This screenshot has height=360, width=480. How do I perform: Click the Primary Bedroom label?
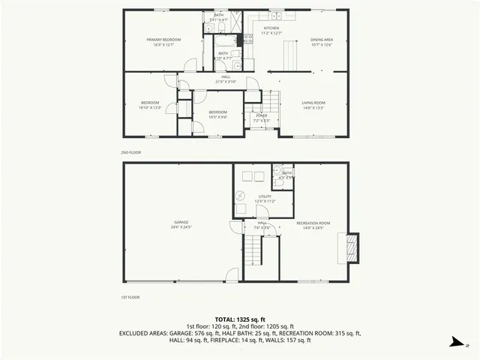click(x=163, y=41)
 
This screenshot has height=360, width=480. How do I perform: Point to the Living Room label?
click(x=313, y=104)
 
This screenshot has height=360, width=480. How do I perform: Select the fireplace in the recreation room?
click(x=350, y=248)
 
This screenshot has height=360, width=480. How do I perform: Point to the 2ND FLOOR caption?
click(x=131, y=152)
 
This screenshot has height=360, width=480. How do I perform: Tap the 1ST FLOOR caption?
click(x=131, y=298)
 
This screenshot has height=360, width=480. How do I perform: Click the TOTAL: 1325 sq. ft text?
click(x=240, y=319)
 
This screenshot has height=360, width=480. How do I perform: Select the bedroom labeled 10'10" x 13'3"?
click(x=150, y=105)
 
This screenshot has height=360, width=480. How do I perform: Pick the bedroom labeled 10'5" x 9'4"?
click(x=217, y=114)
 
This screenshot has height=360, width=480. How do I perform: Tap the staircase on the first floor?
click(x=256, y=250)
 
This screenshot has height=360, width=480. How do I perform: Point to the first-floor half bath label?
click(x=287, y=175)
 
